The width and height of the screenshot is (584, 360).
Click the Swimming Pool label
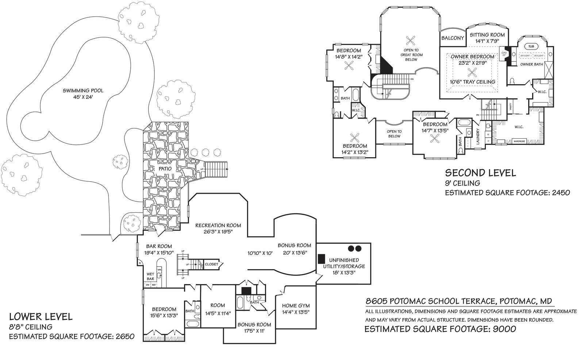click(x=82, y=90)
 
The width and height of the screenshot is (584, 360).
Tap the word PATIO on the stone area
click(x=165, y=169)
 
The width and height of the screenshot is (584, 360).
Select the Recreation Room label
click(x=218, y=225)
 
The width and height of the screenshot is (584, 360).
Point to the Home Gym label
click(x=296, y=306)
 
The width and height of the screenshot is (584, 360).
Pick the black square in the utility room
click(x=322, y=258)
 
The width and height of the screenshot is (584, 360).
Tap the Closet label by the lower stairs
click(x=212, y=264)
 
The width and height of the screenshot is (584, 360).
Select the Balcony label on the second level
click(x=453, y=38)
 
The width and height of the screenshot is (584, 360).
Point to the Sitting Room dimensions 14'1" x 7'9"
click(x=487, y=41)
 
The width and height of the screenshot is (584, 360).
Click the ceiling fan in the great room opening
click(x=411, y=40)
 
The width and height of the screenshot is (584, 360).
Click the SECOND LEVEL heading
click(x=480, y=173)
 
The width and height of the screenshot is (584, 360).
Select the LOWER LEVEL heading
click(x=41, y=316)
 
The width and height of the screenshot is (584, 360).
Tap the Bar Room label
click(x=159, y=246)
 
